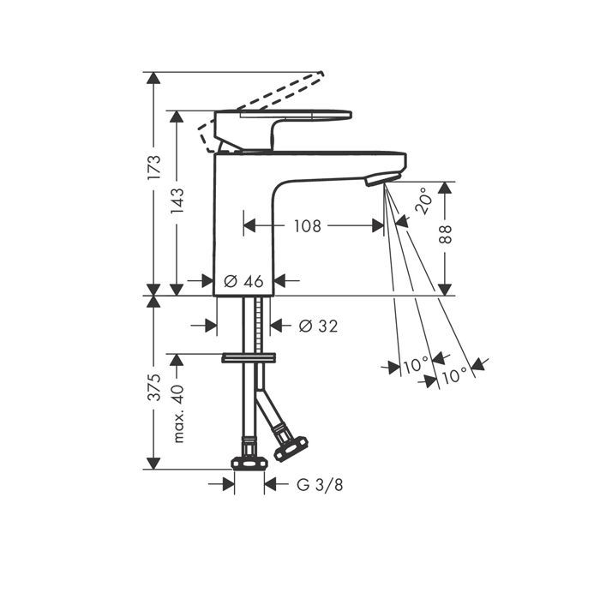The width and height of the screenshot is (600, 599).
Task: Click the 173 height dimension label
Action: [x=153, y=167]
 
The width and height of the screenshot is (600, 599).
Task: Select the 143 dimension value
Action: [x=177, y=201]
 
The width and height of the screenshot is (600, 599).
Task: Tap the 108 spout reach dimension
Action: [x=307, y=226]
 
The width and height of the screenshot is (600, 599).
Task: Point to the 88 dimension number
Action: [x=445, y=235]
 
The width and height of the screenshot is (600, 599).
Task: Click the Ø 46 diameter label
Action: [x=243, y=281]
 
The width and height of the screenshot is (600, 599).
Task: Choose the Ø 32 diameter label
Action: [x=318, y=326]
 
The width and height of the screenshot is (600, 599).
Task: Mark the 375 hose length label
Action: [x=153, y=387]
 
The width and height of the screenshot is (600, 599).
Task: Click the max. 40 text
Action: [x=178, y=413]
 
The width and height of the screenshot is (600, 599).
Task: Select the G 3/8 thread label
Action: [x=320, y=485]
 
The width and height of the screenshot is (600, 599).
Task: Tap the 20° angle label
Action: [x=423, y=201]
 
